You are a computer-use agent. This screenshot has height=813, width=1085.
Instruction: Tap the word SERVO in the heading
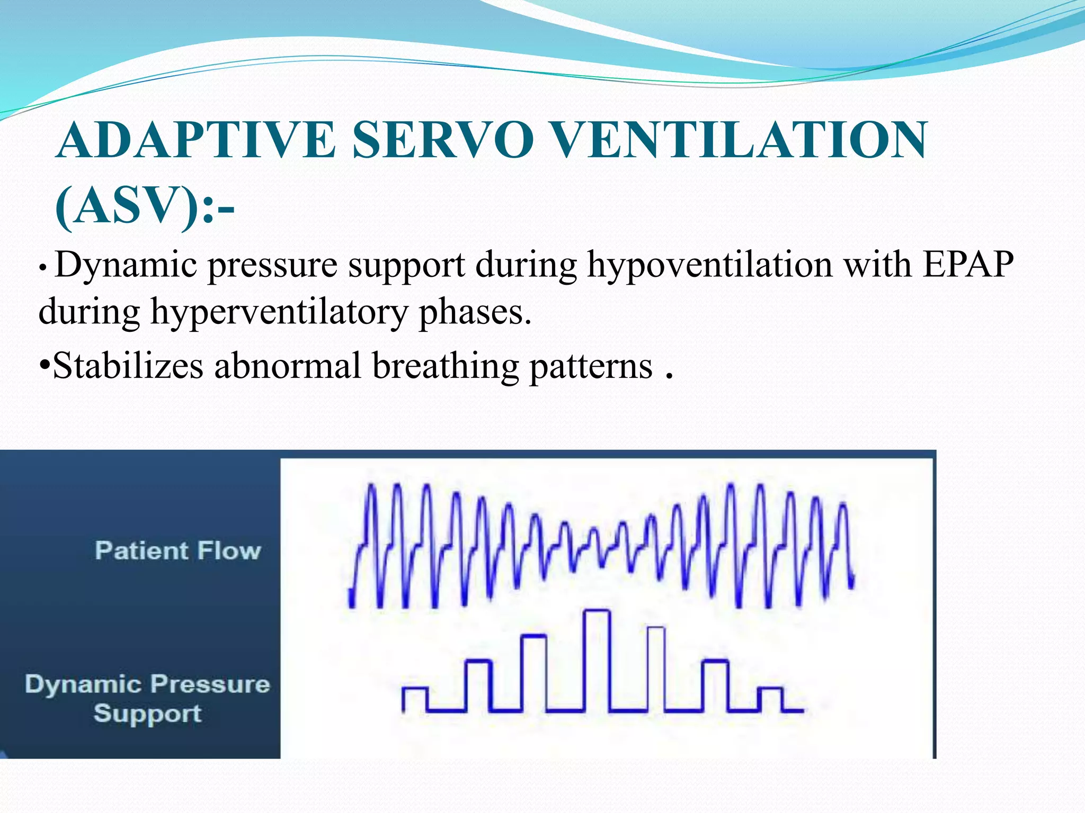click(442, 140)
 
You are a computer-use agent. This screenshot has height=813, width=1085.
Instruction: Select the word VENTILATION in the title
click(741, 140)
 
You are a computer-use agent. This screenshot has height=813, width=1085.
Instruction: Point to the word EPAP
click(968, 264)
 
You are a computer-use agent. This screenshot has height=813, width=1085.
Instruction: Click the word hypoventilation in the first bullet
click(709, 265)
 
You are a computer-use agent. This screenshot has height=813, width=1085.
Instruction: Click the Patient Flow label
click(178, 550)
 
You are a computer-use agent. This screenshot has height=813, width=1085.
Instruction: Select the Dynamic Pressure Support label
click(147, 698)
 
